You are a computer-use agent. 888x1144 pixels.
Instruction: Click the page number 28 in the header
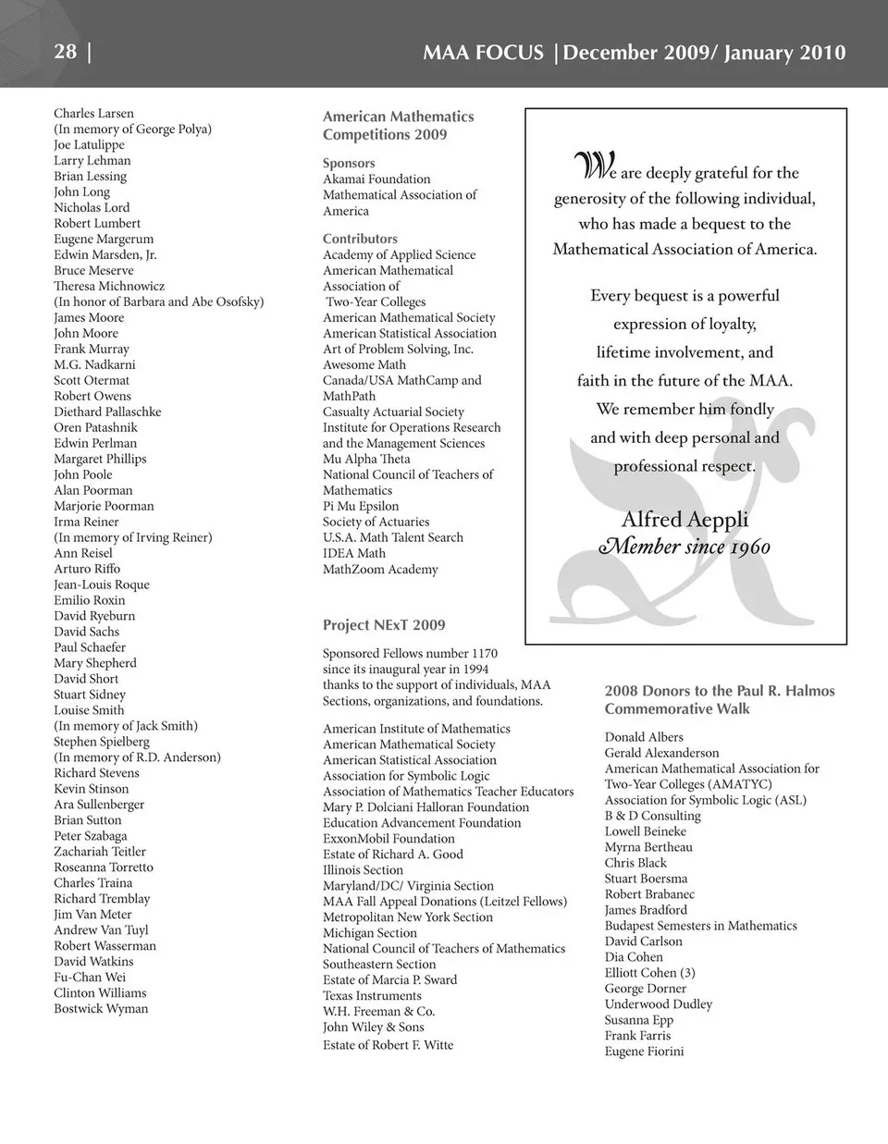pos(65,51)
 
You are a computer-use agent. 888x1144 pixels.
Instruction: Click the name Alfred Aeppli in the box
pos(684,519)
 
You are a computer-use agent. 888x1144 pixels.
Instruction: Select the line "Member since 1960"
pos(684,547)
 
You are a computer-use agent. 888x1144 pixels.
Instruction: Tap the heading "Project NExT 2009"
pos(384,625)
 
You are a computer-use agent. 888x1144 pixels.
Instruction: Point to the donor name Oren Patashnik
pos(95,427)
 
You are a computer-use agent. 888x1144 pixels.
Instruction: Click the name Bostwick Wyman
pos(101,1008)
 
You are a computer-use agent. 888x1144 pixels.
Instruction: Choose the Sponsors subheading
pos(349,163)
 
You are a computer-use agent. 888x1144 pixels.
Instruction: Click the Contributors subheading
pos(360,239)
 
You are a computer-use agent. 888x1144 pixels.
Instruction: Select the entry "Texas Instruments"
pos(372,995)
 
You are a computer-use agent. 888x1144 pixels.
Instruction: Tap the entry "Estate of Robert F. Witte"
pos(388,1044)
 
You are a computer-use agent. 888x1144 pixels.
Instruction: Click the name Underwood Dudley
pos(659,1003)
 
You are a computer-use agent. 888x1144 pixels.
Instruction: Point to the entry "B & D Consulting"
pos(653,816)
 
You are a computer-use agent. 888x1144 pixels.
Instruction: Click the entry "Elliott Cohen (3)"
pos(650,972)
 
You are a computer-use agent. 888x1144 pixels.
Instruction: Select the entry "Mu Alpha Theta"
pos(366,459)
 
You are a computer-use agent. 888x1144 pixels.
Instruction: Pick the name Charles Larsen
pos(93,113)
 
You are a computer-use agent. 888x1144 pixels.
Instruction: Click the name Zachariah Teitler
pos(100,851)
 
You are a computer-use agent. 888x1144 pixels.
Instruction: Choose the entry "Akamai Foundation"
pos(376,178)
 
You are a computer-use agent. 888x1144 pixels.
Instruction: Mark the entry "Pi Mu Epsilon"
pos(361,506)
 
